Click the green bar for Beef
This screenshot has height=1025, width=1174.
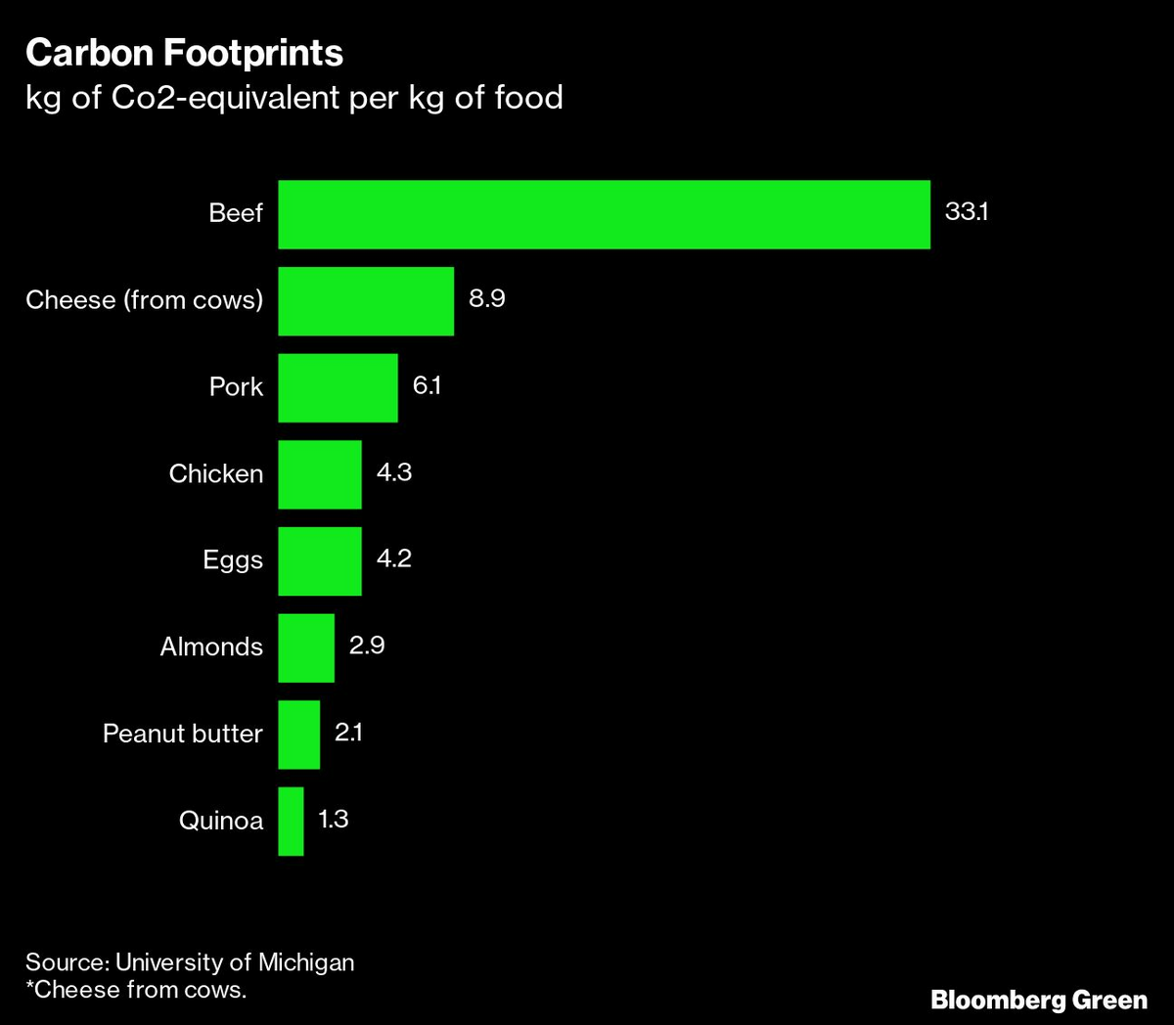pos(604,214)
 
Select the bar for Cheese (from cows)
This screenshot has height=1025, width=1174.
pos(366,301)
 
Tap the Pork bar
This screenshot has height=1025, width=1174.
pos(338,387)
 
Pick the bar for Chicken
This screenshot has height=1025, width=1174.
pos(320,474)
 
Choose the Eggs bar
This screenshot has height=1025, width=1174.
pos(320,560)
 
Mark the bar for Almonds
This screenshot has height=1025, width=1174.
pos(306,647)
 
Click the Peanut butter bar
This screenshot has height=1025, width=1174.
pos(298,734)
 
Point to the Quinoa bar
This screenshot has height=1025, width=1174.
pos(291,821)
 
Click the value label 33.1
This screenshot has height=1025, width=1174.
pos(966,211)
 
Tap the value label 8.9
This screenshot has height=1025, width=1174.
pos(486,298)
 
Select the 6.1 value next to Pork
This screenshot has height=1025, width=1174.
pos(427,385)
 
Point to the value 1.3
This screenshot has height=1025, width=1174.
pos(334,819)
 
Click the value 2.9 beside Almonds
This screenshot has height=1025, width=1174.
pos(367,646)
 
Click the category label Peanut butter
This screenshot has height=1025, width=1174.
pos(183,734)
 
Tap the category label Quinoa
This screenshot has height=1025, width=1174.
pos(221,821)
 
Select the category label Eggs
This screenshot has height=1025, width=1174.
pos(233,560)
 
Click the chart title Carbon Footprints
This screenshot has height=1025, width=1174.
pos(184,53)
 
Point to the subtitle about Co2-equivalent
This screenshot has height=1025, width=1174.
pos(293,98)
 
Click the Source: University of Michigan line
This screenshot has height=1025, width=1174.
pos(190,962)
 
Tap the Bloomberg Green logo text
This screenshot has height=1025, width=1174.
pos(1038,1000)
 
